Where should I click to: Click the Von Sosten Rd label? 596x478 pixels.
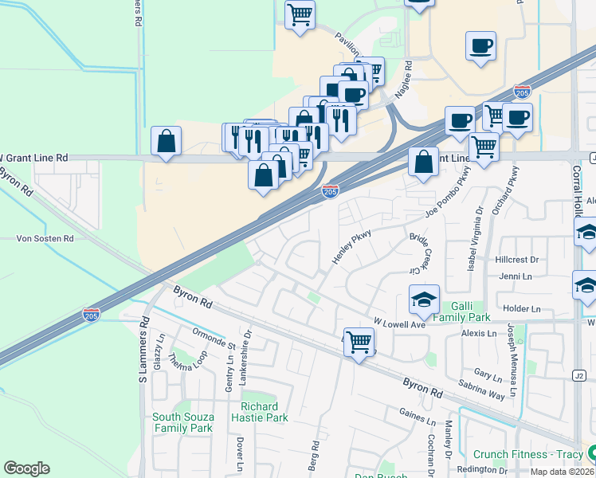46,238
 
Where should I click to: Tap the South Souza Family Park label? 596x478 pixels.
182,422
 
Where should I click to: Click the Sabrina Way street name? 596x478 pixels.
481,389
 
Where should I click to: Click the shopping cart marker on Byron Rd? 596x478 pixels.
359,343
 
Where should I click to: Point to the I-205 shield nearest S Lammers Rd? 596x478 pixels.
91,315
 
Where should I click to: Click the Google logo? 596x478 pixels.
26,468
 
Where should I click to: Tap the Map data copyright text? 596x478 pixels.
562,472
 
